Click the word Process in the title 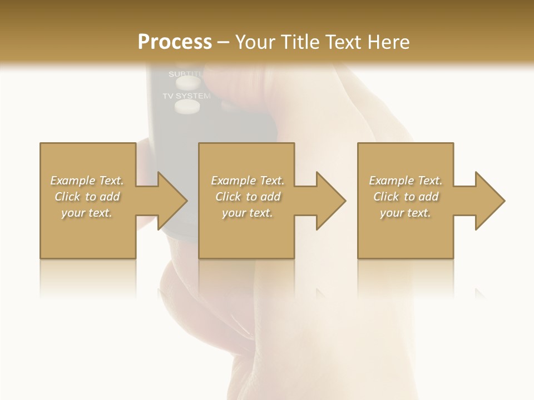click(175, 42)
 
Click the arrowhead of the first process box click(172, 201)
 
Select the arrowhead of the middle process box click(331, 201)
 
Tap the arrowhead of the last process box click(489, 201)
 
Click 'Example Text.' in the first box click(87, 181)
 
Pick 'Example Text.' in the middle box click(248, 181)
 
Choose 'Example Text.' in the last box click(406, 181)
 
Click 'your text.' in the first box click(87, 213)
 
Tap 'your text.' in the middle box click(248, 213)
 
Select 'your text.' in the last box click(406, 213)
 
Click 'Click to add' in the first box click(87, 197)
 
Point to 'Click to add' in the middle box click(248, 197)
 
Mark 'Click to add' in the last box click(406, 197)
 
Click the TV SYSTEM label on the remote click(186, 96)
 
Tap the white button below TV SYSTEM click(186, 107)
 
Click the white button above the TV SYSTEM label click(188, 83)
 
